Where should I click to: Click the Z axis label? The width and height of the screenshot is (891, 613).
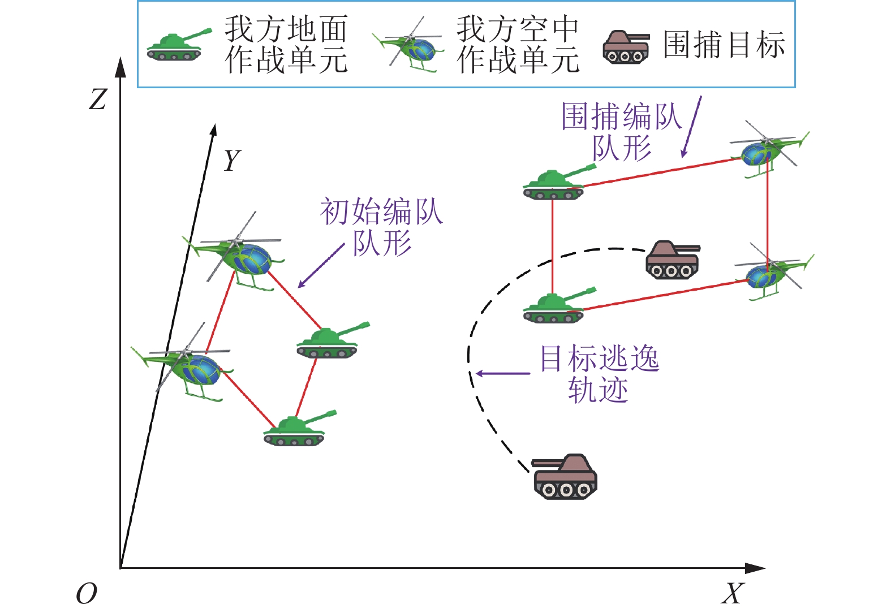click(x=98, y=100)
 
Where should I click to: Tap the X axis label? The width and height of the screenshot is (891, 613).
click(x=732, y=594)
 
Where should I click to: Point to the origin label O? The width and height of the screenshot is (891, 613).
click(x=87, y=594)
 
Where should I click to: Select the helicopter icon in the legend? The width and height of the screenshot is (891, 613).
click(x=408, y=45)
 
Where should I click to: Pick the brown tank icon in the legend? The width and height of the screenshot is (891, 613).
click(x=626, y=46)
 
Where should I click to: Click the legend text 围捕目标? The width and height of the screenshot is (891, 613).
click(x=724, y=45)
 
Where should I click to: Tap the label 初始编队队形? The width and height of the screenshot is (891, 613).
click(x=382, y=227)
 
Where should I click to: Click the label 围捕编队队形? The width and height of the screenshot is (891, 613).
click(x=622, y=131)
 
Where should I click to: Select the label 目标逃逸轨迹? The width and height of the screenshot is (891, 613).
click(x=599, y=374)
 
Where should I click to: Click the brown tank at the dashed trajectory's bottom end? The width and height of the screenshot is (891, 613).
click(x=565, y=476)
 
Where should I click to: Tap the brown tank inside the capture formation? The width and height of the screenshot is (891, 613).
click(x=672, y=259)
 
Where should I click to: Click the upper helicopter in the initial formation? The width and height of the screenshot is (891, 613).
click(x=235, y=254)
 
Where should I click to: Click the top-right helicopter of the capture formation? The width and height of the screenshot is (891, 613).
click(x=770, y=149)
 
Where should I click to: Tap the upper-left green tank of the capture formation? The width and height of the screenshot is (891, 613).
click(x=559, y=182)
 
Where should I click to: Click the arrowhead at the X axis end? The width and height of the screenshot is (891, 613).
click(x=755, y=568)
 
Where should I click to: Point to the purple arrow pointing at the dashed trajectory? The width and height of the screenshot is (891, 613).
click(x=503, y=373)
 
